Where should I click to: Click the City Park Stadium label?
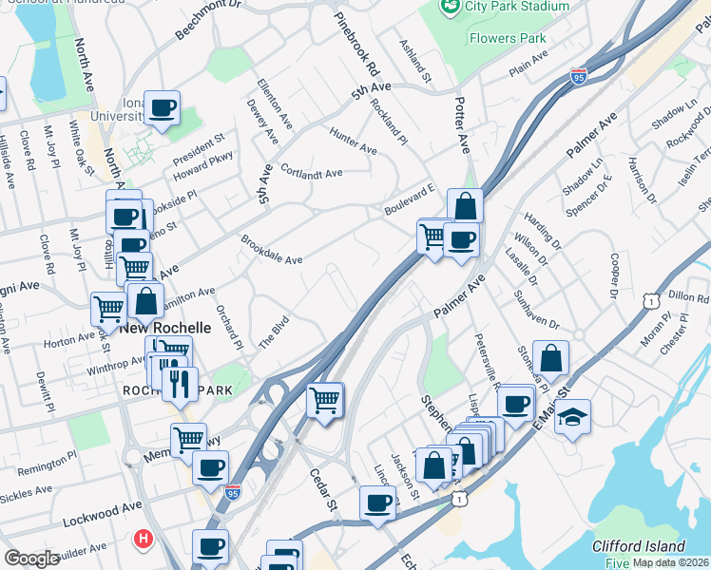click(x=516, y=7)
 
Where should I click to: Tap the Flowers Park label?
click(x=508, y=39)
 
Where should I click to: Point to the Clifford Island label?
click(x=638, y=546)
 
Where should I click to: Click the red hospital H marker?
click(x=144, y=540)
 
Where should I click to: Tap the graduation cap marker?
click(x=572, y=416)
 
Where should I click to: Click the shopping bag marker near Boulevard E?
click(x=465, y=206)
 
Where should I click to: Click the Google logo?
click(x=31, y=559)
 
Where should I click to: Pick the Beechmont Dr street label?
click(x=208, y=19)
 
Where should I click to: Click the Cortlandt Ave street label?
click(x=313, y=174)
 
